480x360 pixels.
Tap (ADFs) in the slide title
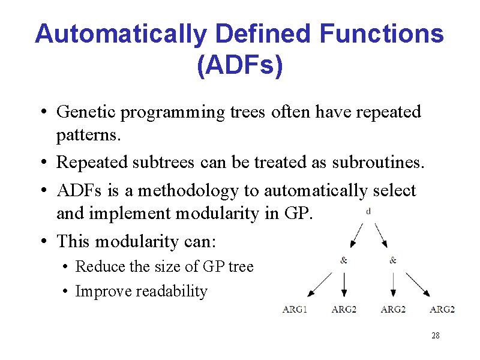coord(239,65)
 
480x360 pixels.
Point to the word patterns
coord(88,136)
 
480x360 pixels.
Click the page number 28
coord(435,335)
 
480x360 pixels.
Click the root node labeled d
coord(368,211)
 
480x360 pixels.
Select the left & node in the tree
coord(343,260)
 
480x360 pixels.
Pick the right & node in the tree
coord(393,260)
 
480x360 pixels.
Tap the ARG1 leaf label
coord(295,310)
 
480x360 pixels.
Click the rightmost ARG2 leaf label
coord(442,310)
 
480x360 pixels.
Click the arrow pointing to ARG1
coord(319,285)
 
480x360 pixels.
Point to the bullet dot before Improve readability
coord(64,292)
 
